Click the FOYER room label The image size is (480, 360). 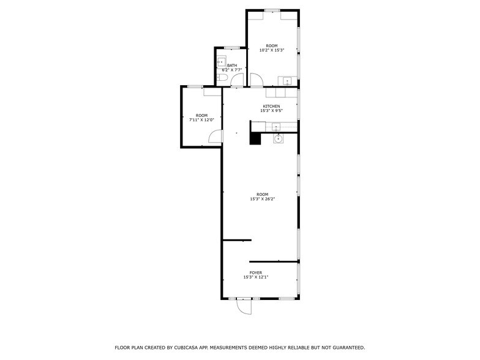click(255, 272)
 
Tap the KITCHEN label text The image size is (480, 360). click(271, 106)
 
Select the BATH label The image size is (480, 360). click(232, 66)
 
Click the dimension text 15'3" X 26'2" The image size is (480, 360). click(262, 199)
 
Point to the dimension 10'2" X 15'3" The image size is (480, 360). click(271, 50)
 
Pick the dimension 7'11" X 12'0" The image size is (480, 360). click(201, 120)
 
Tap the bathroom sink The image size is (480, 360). click(220, 61)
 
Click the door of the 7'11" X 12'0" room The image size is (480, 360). click(215, 137)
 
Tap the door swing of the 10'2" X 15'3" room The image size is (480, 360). click(257, 79)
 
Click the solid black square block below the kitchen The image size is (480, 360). click(255, 138)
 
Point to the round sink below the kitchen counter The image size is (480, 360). click(277, 139)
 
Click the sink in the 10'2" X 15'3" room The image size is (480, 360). click(287, 81)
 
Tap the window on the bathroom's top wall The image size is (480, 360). click(231, 47)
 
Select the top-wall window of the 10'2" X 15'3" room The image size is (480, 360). click(272, 10)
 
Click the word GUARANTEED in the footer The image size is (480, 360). click(342, 347)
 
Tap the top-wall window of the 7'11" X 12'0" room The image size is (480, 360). click(195, 86)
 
